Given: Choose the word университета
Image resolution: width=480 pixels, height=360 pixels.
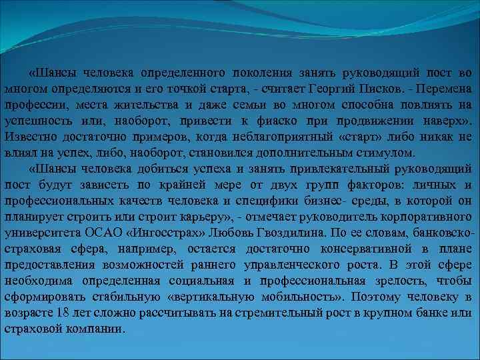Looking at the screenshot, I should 42,233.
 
